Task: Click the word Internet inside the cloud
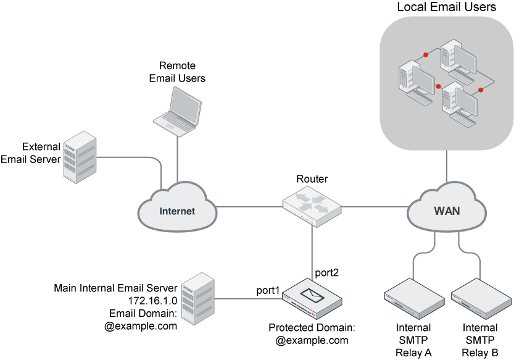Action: tap(177, 211)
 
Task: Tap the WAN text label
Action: tap(447, 211)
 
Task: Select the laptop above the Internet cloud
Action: tap(178, 111)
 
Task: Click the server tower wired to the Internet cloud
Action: tap(80, 157)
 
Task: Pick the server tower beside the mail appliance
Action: tap(198, 299)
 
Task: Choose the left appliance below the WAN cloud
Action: tap(414, 299)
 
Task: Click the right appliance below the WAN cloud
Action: tap(481, 299)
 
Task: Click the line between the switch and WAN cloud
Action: tap(374, 206)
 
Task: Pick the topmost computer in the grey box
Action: tap(458, 59)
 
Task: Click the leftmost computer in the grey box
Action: tap(416, 79)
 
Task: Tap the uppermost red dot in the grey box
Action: tap(426, 55)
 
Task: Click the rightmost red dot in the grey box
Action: tap(481, 90)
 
